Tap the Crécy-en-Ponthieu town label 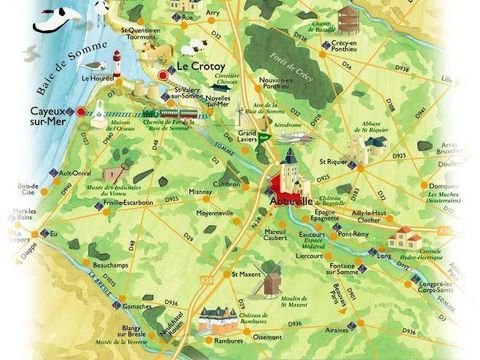point(374,46)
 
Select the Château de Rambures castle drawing point(220,318)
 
